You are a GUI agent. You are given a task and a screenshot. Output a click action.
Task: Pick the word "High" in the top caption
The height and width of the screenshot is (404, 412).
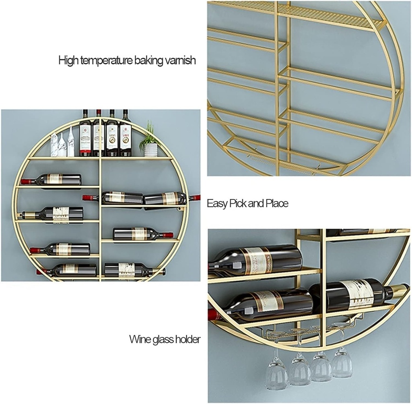(68, 61)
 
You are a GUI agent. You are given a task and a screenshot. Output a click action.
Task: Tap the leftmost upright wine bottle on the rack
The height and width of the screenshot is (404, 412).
(85, 135)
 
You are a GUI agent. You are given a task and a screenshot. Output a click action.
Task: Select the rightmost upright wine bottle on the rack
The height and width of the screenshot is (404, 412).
(125, 135)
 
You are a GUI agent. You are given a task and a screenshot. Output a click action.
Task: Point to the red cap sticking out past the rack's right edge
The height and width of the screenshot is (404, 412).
(195, 197)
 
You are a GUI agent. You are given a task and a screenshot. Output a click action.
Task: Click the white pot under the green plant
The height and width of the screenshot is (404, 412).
(150, 150)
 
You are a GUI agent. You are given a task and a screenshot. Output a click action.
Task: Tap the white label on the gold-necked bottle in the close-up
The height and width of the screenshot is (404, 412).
(358, 294)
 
